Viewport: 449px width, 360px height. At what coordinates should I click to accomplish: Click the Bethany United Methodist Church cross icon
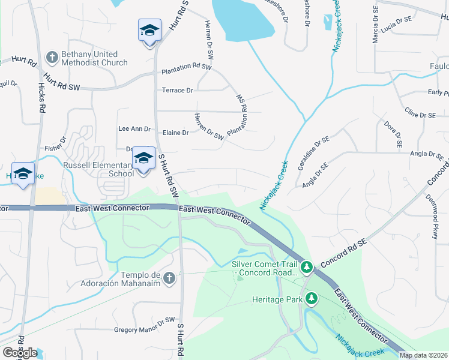click(52, 57)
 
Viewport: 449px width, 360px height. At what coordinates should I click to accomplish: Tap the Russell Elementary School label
click(98, 169)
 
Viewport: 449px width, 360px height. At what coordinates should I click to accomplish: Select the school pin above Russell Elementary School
click(143, 158)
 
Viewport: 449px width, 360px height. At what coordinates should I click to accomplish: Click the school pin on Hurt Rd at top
click(149, 31)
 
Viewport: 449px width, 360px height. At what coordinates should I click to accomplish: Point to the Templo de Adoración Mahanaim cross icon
click(169, 278)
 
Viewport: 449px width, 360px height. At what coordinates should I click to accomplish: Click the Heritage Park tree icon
click(311, 298)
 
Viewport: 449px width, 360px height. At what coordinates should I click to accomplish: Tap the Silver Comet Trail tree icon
click(306, 266)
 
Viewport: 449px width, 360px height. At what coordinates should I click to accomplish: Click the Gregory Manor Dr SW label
click(144, 329)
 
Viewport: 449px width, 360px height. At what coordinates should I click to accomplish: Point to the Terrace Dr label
click(177, 91)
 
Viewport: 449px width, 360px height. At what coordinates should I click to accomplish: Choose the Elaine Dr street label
click(176, 133)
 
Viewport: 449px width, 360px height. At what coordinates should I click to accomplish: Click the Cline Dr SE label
click(420, 114)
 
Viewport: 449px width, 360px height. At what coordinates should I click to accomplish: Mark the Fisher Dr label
click(55, 147)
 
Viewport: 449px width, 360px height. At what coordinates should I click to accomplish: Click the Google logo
click(20, 352)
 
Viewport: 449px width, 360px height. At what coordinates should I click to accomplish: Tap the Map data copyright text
click(423, 355)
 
